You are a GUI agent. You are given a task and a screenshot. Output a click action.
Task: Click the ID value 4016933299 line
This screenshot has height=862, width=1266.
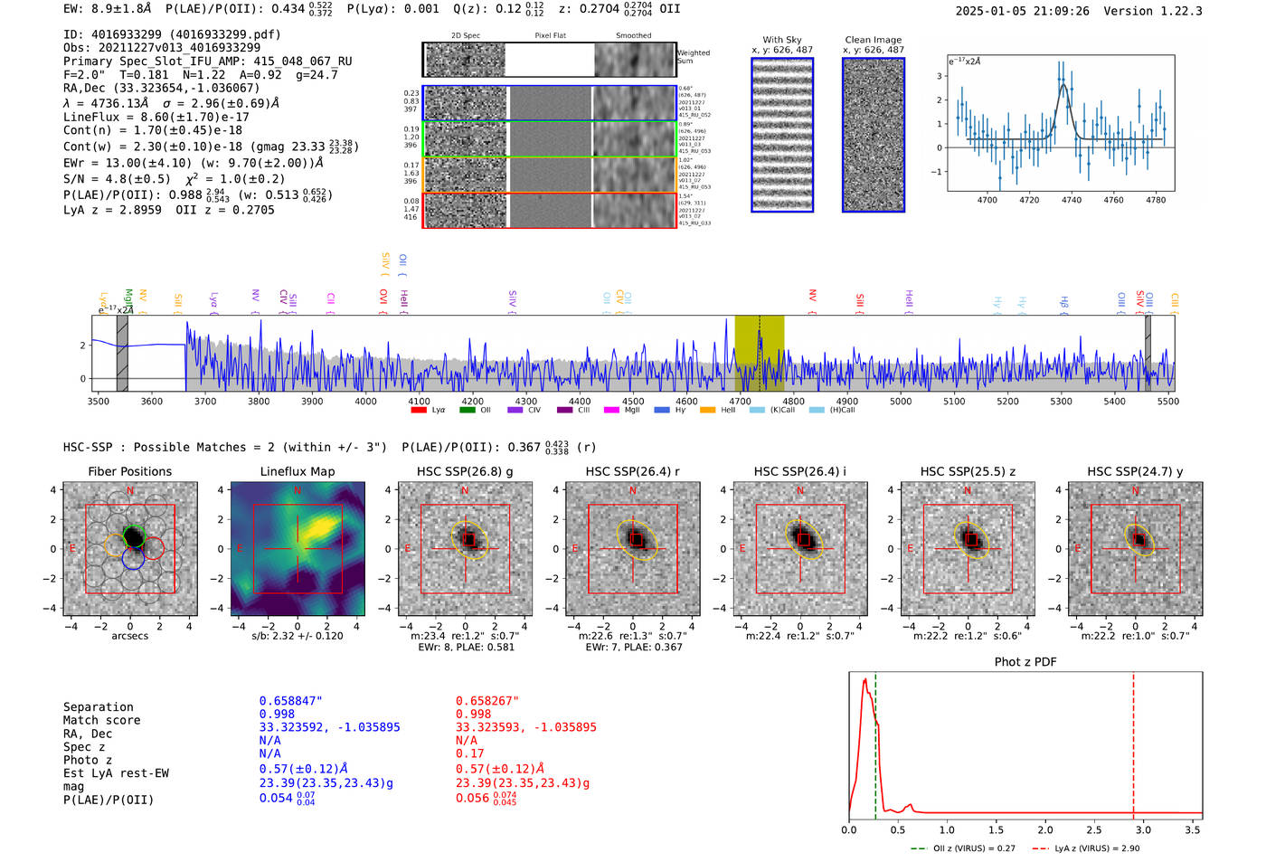click(x=172, y=34)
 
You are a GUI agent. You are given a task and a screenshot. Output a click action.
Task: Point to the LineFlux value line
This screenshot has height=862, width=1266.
click(x=156, y=117)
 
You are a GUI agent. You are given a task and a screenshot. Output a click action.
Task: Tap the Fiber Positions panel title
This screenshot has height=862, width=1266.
click(x=129, y=471)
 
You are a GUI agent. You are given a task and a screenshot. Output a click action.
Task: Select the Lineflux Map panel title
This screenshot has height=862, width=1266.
click(x=298, y=471)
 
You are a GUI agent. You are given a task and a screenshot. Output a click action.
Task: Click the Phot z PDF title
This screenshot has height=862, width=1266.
click(x=1025, y=662)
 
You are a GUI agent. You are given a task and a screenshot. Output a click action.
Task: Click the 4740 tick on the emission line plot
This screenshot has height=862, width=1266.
click(x=1072, y=200)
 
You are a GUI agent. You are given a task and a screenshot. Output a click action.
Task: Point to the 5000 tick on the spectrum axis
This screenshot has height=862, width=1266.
click(x=901, y=401)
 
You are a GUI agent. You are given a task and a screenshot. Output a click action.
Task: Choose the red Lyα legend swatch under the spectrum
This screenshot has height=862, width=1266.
click(x=419, y=411)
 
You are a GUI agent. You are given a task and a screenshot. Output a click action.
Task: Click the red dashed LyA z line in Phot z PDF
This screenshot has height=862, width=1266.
click(x=1133, y=742)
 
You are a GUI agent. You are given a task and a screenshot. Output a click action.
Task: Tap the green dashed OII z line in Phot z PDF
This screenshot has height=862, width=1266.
click(x=875, y=742)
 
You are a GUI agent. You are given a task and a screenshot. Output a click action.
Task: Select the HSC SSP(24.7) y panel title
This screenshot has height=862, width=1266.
click(x=1135, y=471)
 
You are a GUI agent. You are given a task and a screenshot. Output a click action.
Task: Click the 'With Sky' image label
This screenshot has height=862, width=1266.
click(x=782, y=40)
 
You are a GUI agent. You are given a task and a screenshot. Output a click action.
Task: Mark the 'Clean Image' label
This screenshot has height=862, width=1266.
click(x=873, y=40)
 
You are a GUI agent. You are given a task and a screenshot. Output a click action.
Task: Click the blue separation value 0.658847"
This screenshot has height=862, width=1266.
click(x=291, y=701)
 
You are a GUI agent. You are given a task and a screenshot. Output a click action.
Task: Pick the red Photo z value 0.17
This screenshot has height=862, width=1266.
click(x=469, y=753)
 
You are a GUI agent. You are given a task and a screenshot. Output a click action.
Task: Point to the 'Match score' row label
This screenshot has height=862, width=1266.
click(x=101, y=721)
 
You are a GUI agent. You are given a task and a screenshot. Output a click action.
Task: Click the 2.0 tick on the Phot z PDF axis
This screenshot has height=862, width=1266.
click(x=1045, y=829)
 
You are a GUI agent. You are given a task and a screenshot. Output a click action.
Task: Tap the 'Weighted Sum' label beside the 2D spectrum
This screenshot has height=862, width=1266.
click(x=693, y=57)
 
